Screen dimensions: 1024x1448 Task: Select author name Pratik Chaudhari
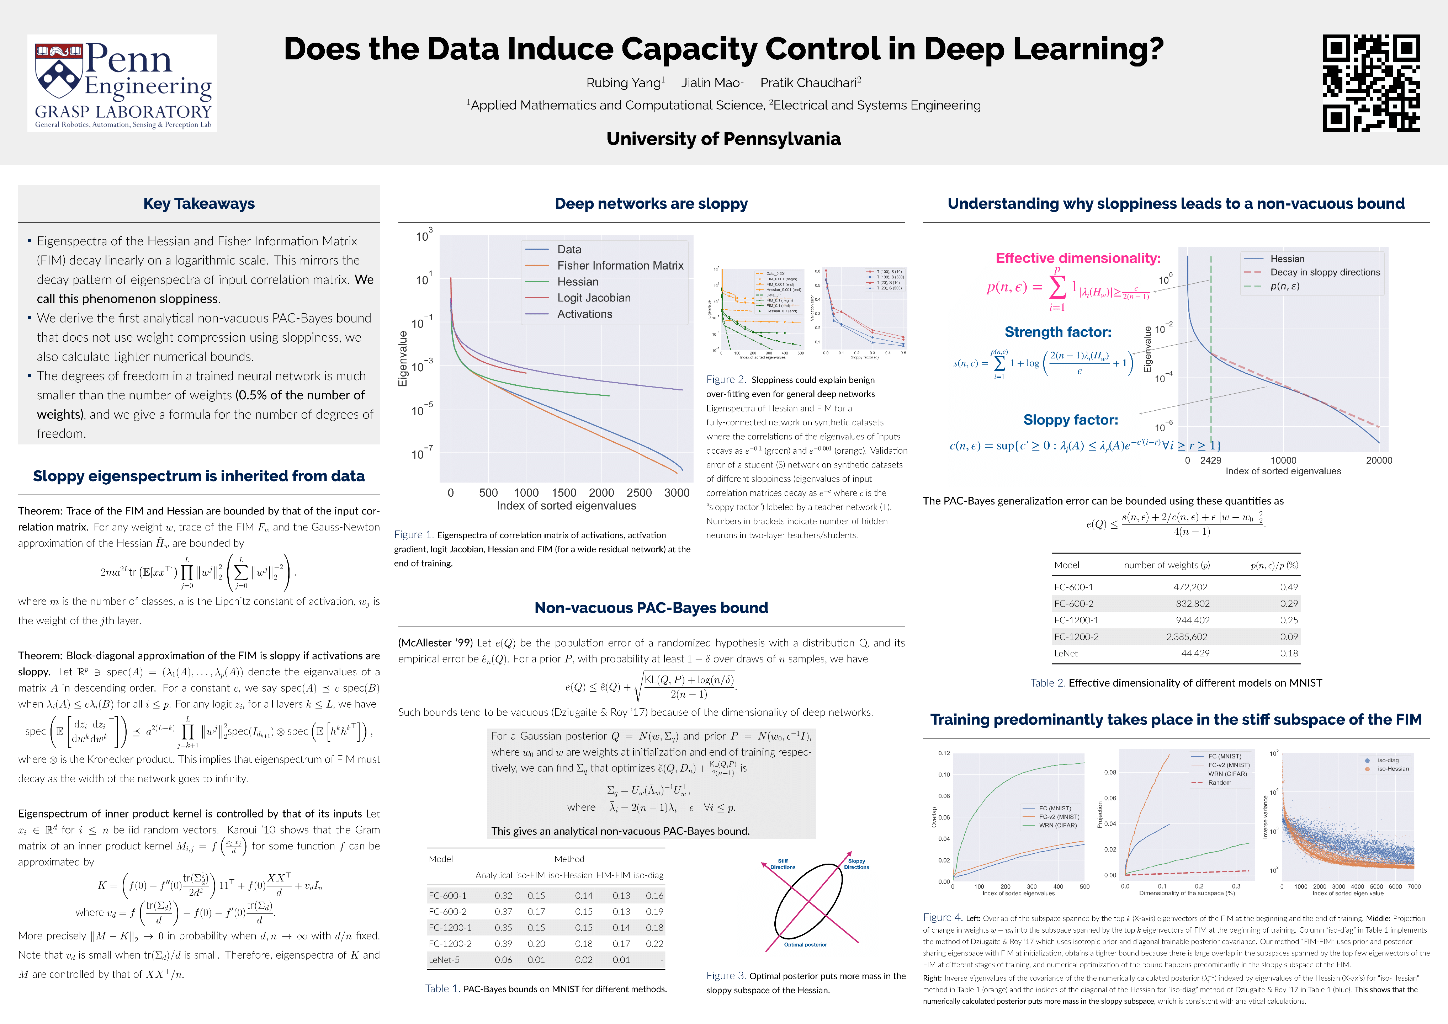click(810, 82)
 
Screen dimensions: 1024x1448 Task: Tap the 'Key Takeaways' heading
click(199, 204)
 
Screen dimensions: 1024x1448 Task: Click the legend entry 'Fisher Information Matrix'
click(620, 266)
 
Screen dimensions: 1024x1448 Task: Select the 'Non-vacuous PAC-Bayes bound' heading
click(651, 608)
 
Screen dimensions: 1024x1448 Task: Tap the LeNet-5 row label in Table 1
click(444, 960)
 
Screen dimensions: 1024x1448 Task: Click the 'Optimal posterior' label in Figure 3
click(805, 945)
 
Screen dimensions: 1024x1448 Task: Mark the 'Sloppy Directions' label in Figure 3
click(856, 864)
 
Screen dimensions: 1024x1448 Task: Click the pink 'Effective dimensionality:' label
click(1078, 258)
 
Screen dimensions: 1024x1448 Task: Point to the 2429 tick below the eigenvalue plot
click(1210, 460)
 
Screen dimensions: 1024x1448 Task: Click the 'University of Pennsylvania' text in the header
click(723, 139)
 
